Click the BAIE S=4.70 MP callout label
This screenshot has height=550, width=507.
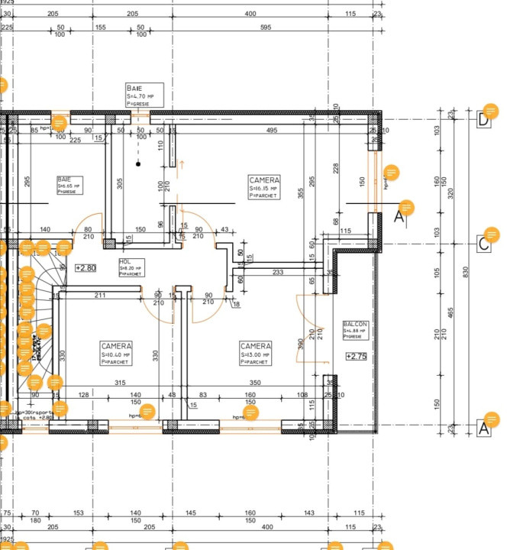144,93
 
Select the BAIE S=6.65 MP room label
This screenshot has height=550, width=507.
68,184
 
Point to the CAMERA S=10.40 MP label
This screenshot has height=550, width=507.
116,354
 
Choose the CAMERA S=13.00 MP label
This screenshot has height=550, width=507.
255,354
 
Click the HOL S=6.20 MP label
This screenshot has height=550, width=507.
131,267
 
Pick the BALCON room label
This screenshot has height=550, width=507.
356,330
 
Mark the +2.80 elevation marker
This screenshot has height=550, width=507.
86,267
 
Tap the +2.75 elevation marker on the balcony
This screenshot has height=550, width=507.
356,356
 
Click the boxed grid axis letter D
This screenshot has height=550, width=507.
483,119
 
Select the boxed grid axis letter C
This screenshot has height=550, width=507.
483,244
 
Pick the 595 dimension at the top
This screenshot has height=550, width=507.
265,27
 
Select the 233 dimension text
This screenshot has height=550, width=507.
278,272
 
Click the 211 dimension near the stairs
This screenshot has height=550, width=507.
100,295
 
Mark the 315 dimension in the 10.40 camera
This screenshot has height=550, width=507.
119,382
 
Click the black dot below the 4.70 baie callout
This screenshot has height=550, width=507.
138,163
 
